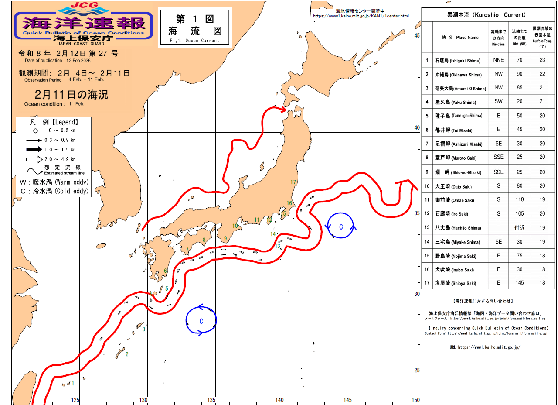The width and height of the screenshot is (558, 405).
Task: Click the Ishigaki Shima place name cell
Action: tap(458, 61)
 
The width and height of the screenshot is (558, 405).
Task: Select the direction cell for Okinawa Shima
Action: tap(498, 74)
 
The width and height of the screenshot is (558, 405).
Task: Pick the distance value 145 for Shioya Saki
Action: tap(519, 283)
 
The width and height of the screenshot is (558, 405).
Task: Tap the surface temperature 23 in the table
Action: tap(542, 60)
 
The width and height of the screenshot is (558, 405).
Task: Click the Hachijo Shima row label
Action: tap(458, 228)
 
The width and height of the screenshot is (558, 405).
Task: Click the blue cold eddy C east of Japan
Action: tap(341, 227)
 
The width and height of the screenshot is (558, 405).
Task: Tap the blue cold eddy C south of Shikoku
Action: tap(201, 321)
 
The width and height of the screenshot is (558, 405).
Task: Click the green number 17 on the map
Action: tap(293, 182)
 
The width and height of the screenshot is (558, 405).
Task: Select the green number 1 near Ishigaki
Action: tap(73, 384)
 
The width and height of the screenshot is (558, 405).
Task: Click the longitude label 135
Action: tap(211, 400)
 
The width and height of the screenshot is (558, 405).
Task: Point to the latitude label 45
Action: tap(417, 36)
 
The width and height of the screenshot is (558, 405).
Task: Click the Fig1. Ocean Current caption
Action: tap(195, 41)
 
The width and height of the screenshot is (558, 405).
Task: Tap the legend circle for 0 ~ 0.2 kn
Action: tap(35, 130)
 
